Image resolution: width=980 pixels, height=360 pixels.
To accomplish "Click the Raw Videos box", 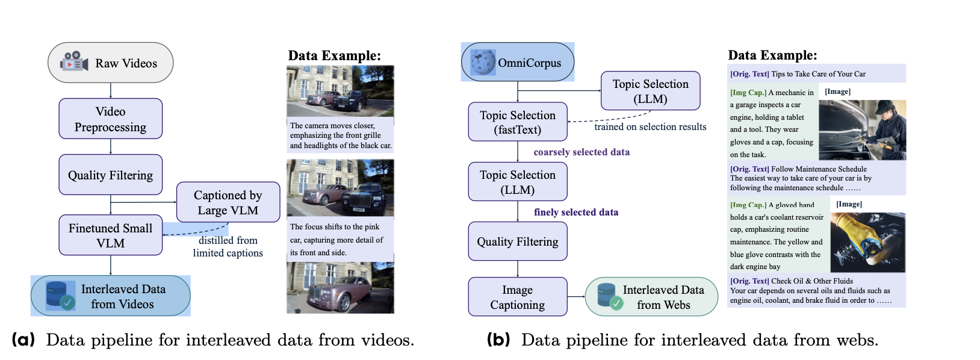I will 111,63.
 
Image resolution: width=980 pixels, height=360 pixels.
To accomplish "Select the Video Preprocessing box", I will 111,119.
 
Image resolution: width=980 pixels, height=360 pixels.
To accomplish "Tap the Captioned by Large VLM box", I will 228,202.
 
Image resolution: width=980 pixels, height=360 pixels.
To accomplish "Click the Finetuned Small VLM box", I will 111,235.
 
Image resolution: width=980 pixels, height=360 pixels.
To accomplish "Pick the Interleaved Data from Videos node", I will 111,296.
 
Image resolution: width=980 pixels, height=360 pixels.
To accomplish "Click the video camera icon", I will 73,61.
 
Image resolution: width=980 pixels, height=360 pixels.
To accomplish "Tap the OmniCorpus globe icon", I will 483,62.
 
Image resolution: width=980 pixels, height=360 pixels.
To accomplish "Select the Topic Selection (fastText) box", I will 518,122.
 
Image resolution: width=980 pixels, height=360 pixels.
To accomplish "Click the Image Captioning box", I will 518,297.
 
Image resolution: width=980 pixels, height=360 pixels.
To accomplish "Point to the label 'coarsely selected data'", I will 581,152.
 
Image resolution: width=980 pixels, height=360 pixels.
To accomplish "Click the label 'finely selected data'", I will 576,212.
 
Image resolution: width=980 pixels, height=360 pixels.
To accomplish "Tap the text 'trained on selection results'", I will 650,127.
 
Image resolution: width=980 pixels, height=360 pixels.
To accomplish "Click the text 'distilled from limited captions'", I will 228,247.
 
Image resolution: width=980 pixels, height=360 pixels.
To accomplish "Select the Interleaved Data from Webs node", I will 651,297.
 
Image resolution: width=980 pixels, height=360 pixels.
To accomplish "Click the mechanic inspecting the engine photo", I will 862,130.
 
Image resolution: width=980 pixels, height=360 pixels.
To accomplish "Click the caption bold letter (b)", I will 498,340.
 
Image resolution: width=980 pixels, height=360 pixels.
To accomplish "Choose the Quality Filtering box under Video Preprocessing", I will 111,175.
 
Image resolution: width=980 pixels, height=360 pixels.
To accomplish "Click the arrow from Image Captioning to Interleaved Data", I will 576,297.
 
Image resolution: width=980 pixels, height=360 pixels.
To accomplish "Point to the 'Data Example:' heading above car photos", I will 334,56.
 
